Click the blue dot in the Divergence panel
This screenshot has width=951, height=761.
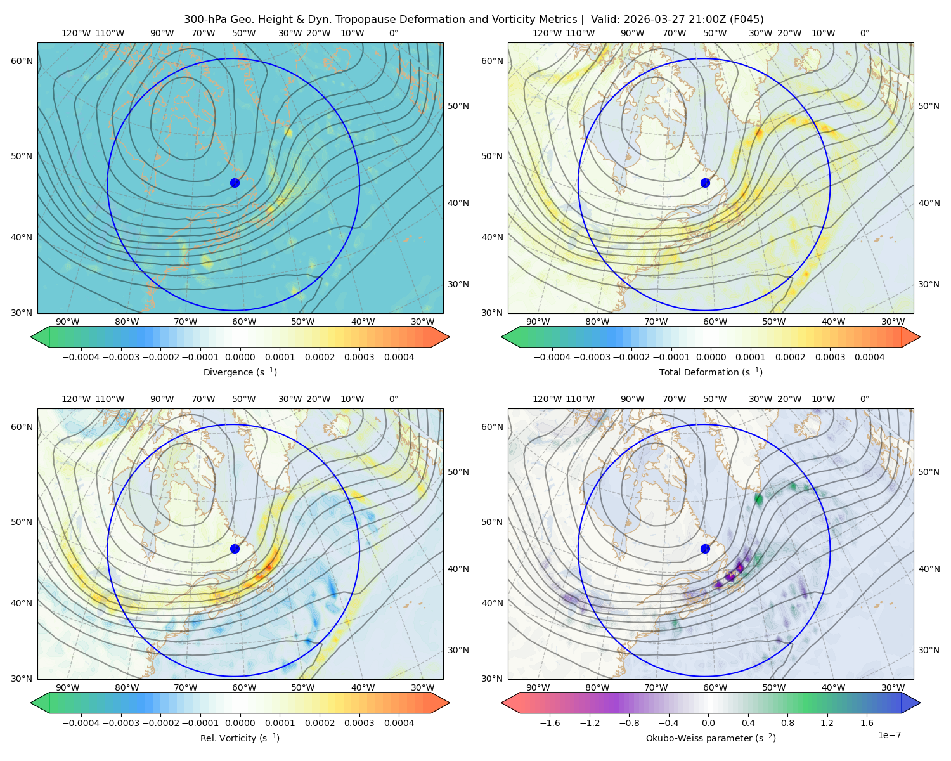pyautogui.click(x=235, y=183)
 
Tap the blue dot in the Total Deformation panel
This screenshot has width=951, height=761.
pyautogui.click(x=705, y=183)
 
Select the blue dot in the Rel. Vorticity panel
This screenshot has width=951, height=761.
pyautogui.click(x=235, y=549)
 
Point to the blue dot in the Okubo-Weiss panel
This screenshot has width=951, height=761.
pyautogui.click(x=705, y=549)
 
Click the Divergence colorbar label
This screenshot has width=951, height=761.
pyautogui.click(x=240, y=372)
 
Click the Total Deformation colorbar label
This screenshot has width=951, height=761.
pyautogui.click(x=711, y=372)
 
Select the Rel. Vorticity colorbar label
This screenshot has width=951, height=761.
pyautogui.click(x=240, y=738)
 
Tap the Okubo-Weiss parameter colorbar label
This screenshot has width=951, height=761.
pyautogui.click(x=711, y=738)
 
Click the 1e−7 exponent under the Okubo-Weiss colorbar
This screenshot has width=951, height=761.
pyautogui.click(x=889, y=735)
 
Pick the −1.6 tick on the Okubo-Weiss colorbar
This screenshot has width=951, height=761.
pyautogui.click(x=550, y=723)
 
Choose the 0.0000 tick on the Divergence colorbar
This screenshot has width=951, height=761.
pyautogui.click(x=240, y=357)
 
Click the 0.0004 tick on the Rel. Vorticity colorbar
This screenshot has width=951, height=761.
pyautogui.click(x=399, y=723)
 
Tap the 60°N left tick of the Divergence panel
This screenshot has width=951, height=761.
pyautogui.click(x=22, y=61)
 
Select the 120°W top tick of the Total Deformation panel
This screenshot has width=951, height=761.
pyautogui.click(x=547, y=33)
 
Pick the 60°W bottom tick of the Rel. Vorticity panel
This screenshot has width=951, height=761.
pyautogui.click(x=244, y=687)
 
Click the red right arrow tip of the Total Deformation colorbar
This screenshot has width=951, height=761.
pyautogui.click(x=920, y=337)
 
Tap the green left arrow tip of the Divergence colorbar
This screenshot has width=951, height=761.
pyautogui.click(x=31, y=337)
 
